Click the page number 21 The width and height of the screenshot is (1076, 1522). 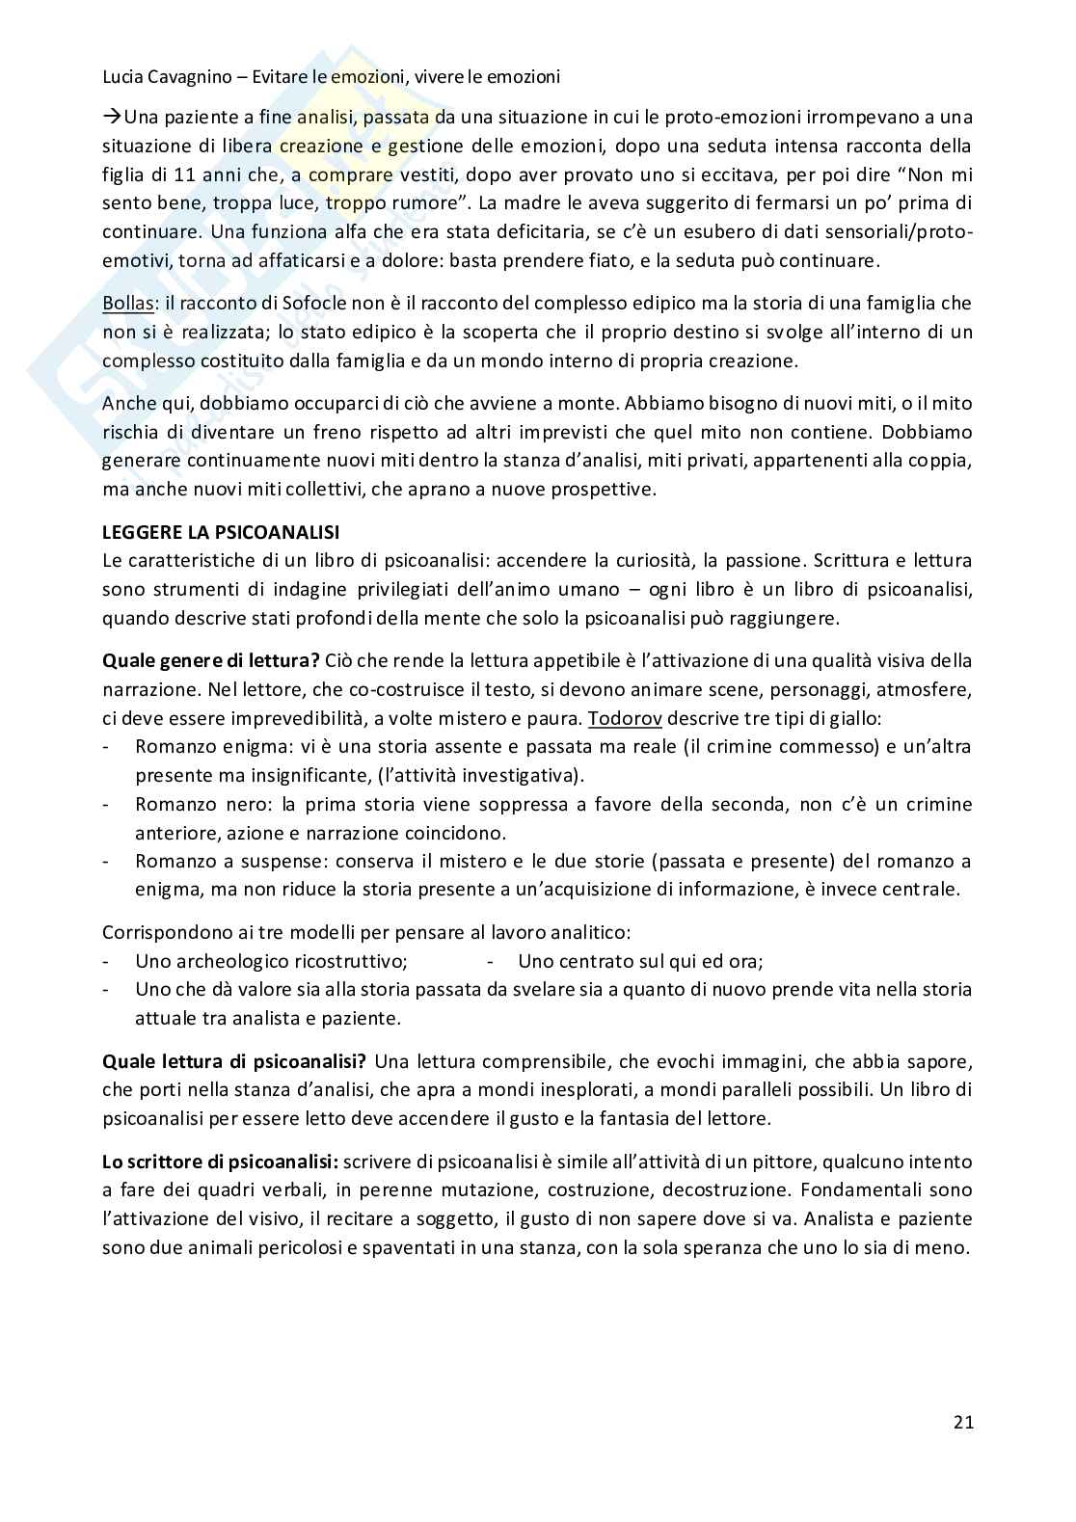pyautogui.click(x=962, y=1422)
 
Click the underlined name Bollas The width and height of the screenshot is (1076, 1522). pyautogui.click(x=129, y=303)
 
